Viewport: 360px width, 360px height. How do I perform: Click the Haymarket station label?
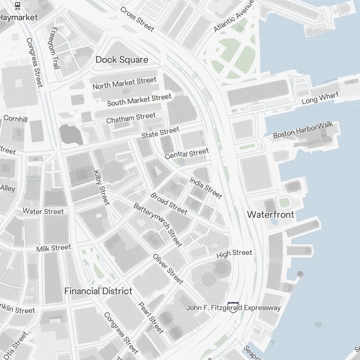pos(19,17)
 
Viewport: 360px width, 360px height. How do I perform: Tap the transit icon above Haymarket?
pos(18,5)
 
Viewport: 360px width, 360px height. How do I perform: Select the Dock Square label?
pos(122,60)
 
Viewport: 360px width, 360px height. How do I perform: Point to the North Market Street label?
pos(125,83)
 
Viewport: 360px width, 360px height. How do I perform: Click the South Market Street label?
pos(139,100)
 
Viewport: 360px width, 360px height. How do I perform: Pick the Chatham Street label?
pos(131,118)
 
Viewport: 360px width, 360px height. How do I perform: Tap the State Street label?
pos(160,132)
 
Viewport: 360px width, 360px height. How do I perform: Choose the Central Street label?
pos(186,154)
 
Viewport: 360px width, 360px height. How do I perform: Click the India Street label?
pos(206,188)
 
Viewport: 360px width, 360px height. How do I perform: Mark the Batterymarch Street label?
pos(158,225)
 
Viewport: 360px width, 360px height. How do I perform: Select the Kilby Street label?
pos(101,188)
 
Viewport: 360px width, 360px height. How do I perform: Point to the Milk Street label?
pos(54,248)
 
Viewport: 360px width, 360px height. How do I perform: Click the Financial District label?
pos(98,291)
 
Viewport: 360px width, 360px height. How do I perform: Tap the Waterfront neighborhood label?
pos(270,215)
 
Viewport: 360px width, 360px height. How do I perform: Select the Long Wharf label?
pos(315,98)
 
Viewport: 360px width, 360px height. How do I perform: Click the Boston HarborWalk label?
pos(303,130)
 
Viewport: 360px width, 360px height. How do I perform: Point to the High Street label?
pos(234,253)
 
